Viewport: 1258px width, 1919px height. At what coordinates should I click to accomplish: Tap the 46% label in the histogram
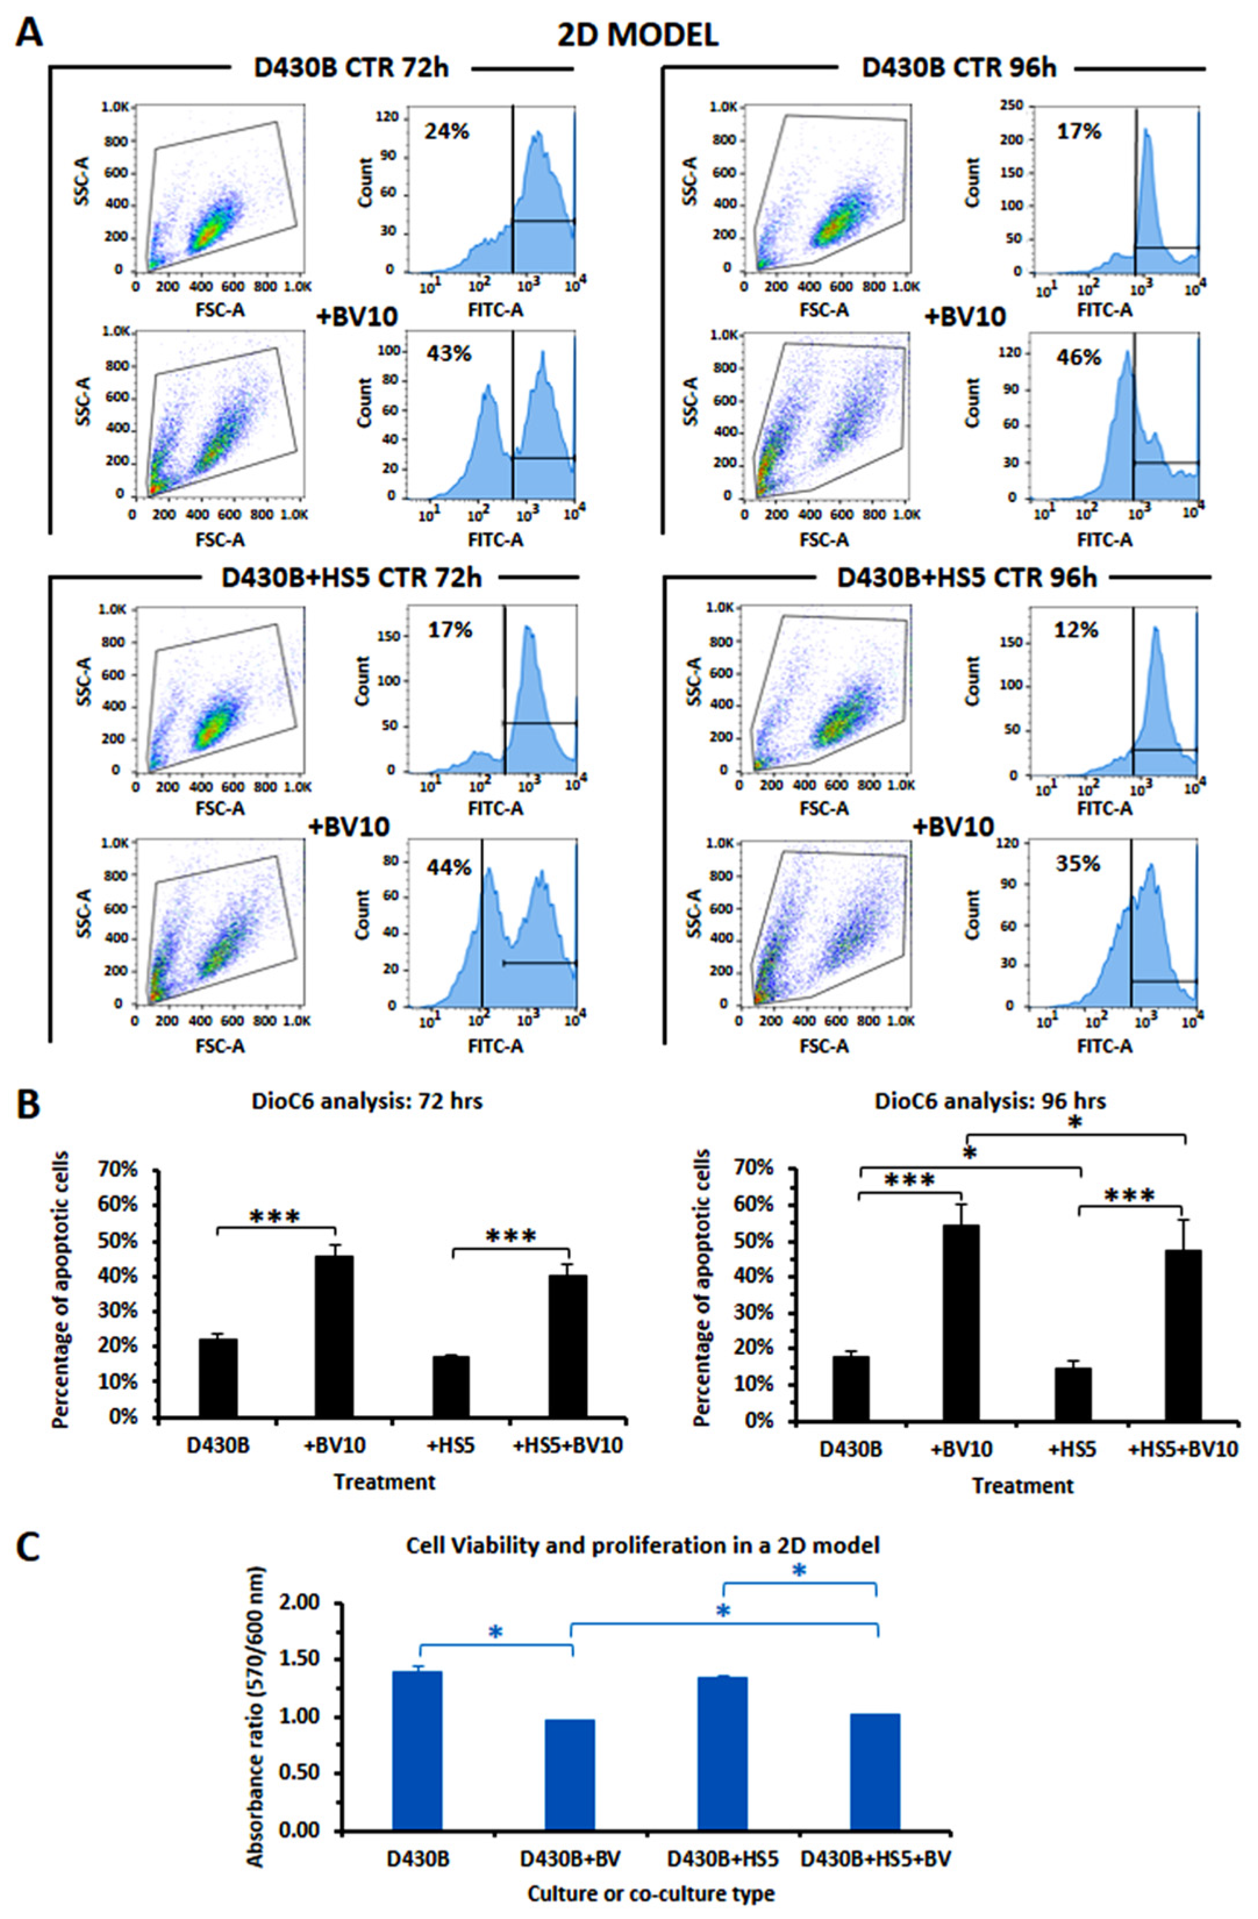(x=1078, y=356)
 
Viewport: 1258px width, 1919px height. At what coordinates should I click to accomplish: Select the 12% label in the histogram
(x=1075, y=631)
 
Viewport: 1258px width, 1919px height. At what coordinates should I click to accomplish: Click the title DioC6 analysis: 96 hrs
(x=990, y=1101)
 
